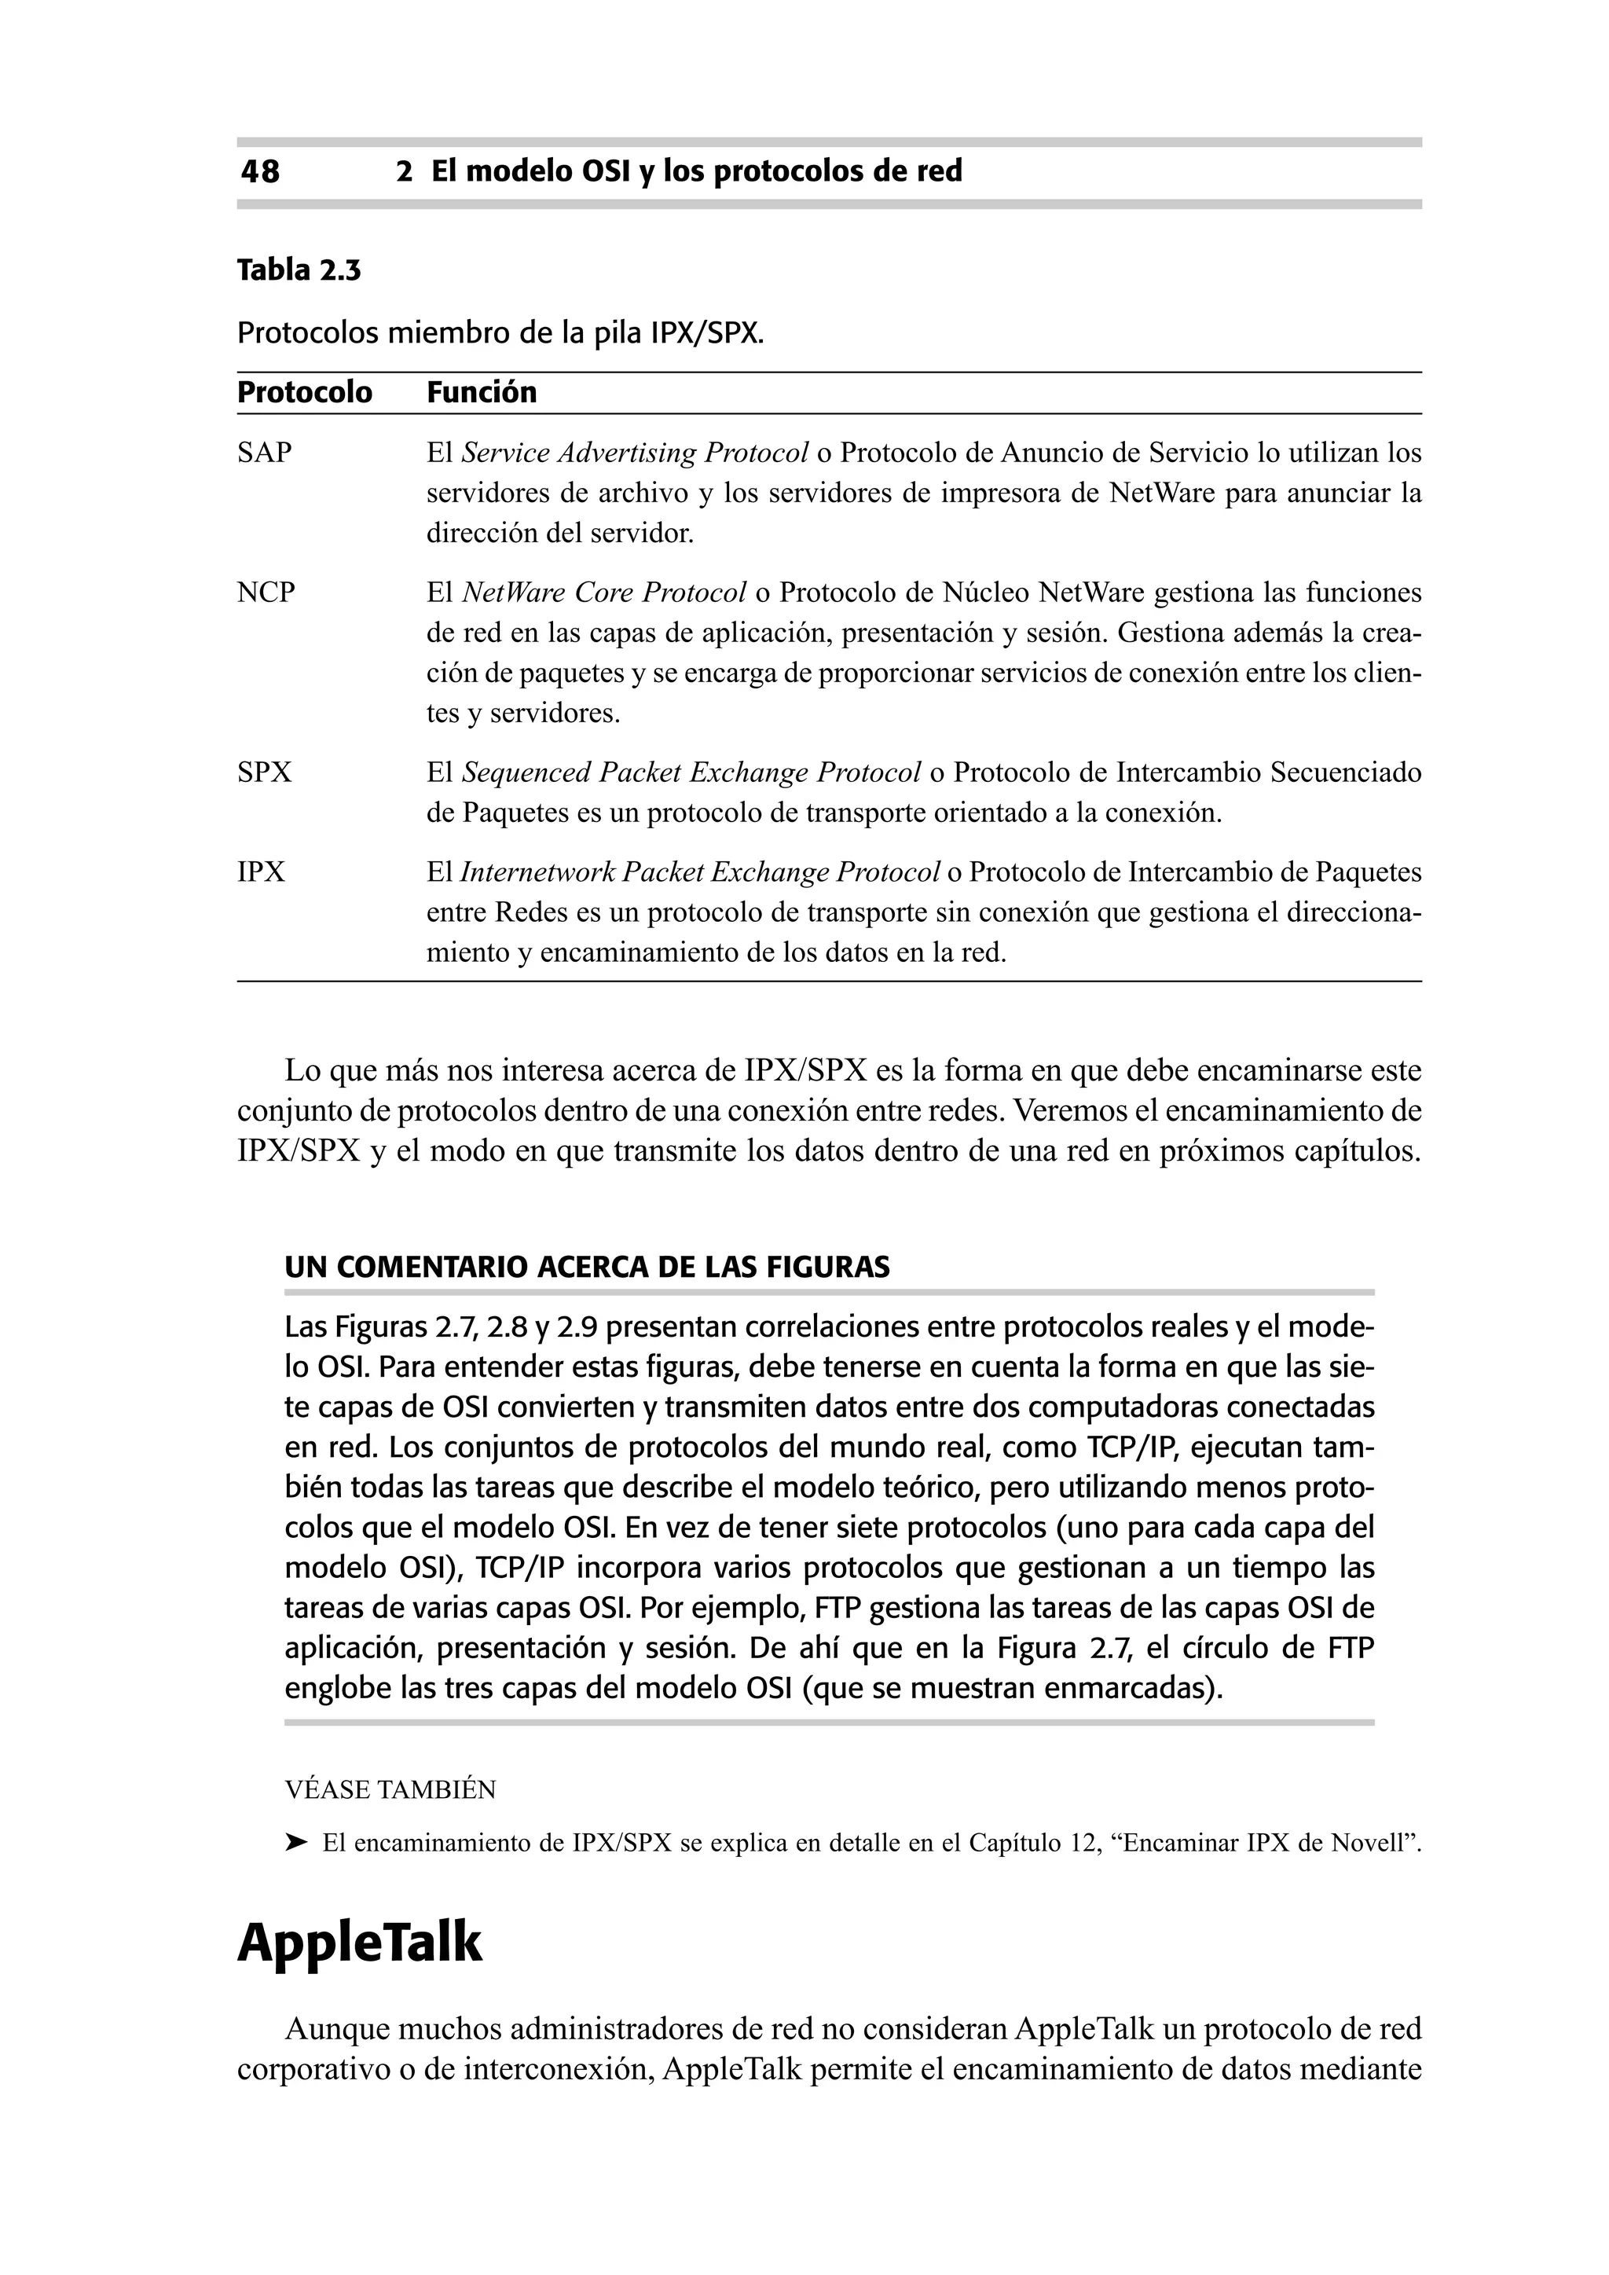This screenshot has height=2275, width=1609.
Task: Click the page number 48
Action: (259, 172)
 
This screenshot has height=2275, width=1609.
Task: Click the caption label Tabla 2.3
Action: (299, 270)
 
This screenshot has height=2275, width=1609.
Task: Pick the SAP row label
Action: (265, 453)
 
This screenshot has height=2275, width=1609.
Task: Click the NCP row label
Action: (266, 593)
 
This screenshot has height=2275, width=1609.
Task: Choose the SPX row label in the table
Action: (265, 772)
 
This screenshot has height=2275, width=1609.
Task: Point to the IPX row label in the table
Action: (261, 873)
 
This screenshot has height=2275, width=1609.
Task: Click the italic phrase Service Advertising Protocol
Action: (635, 453)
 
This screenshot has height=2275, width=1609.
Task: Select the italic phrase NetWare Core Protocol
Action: (604, 593)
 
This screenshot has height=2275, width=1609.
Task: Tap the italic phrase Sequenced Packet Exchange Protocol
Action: (691, 772)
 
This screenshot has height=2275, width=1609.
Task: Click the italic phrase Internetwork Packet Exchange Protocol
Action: (699, 873)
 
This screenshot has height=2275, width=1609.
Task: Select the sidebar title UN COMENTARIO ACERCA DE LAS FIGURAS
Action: (587, 1268)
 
